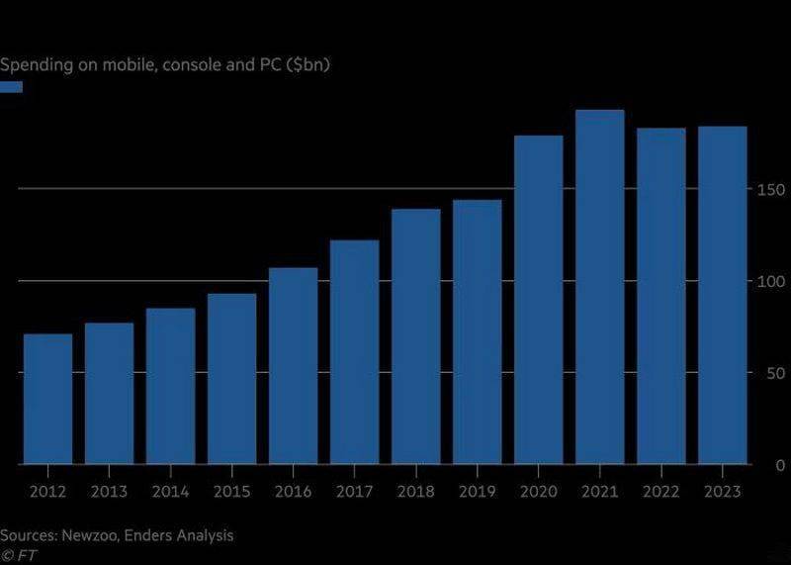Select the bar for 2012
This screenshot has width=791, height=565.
(47, 399)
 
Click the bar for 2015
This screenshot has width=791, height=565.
(232, 379)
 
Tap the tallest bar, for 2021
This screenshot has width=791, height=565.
(600, 287)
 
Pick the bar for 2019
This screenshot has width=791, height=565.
(478, 331)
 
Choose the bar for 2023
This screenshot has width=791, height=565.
(723, 295)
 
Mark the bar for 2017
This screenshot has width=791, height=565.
(355, 352)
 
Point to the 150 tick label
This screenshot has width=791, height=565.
(770, 190)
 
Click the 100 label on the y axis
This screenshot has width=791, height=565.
(770, 282)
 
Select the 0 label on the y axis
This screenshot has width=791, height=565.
(780, 465)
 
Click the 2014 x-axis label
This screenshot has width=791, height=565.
(170, 491)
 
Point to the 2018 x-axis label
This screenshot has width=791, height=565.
(415, 491)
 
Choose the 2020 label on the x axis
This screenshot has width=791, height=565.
(538, 491)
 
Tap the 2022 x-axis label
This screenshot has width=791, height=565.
(660, 491)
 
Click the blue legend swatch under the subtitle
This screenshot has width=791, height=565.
(11, 87)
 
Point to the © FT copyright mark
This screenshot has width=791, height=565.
(19, 555)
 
